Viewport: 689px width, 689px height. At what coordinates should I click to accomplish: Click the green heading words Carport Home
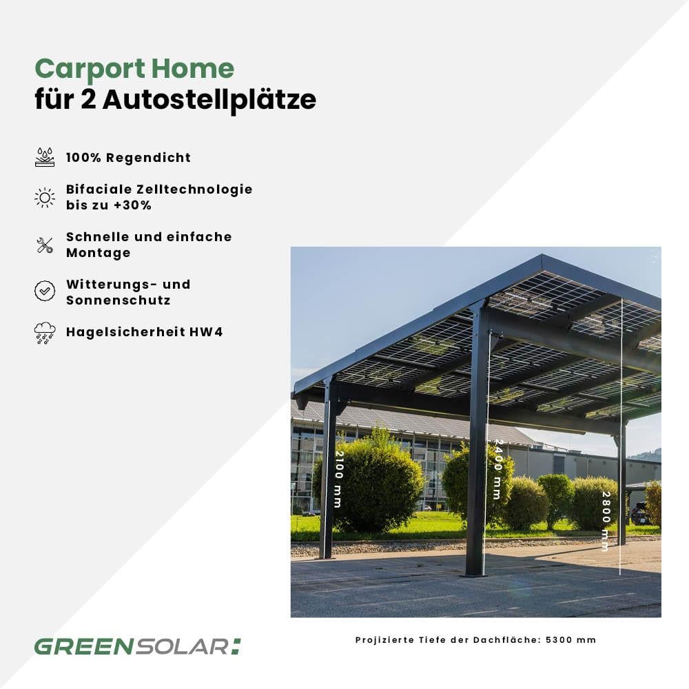pyautogui.click(x=134, y=69)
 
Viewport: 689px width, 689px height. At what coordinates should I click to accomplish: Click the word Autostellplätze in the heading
pyautogui.click(x=209, y=99)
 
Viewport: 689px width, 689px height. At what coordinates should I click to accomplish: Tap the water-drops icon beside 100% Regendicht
pyautogui.click(x=45, y=157)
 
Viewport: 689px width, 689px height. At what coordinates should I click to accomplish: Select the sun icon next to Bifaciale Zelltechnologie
pyautogui.click(x=45, y=198)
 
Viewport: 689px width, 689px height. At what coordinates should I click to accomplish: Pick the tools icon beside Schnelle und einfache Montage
pyautogui.click(x=45, y=245)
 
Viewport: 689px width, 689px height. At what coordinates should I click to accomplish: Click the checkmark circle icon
pyautogui.click(x=45, y=291)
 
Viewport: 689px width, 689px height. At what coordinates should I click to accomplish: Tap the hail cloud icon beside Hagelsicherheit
pyautogui.click(x=45, y=333)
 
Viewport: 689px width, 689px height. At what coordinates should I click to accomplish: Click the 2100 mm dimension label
pyautogui.click(x=339, y=479)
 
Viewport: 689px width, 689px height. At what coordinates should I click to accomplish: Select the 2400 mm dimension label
pyautogui.click(x=497, y=469)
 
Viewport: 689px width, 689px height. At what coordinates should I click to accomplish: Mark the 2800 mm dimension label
pyautogui.click(x=606, y=521)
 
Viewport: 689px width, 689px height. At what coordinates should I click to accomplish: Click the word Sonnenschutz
pyautogui.click(x=118, y=300)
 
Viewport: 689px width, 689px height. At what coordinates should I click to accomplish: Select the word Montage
pyautogui.click(x=99, y=253)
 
